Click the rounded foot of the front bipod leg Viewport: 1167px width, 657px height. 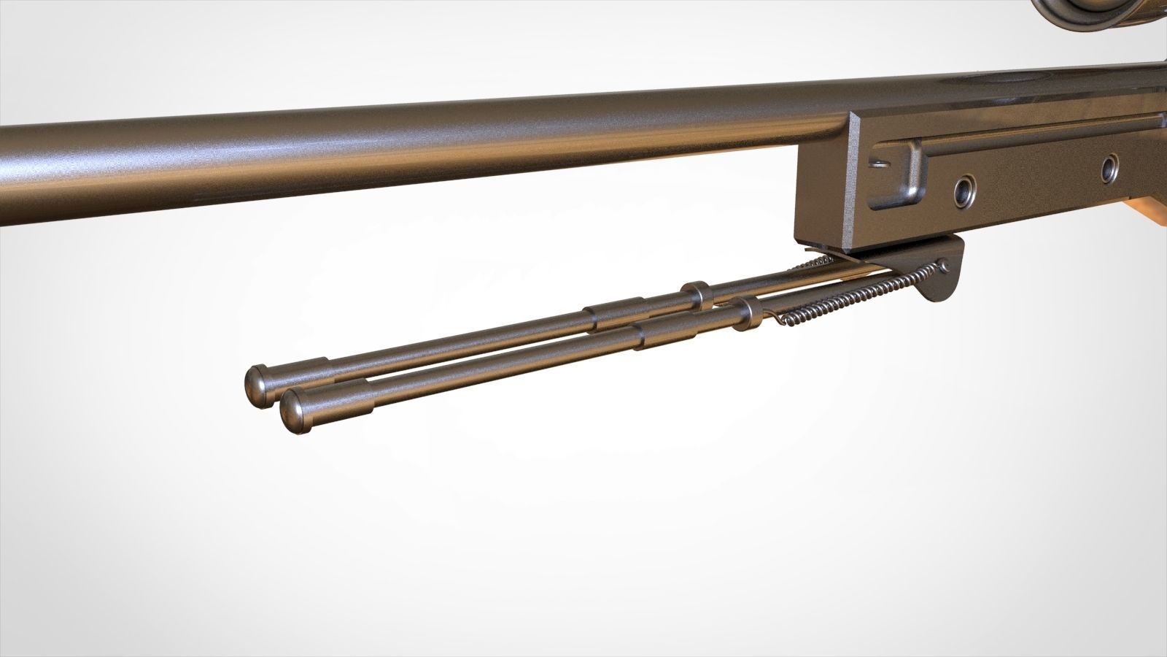tap(294, 411)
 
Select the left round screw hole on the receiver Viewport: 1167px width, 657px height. tap(966, 192)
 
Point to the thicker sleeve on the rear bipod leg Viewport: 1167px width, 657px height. tap(615, 315)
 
